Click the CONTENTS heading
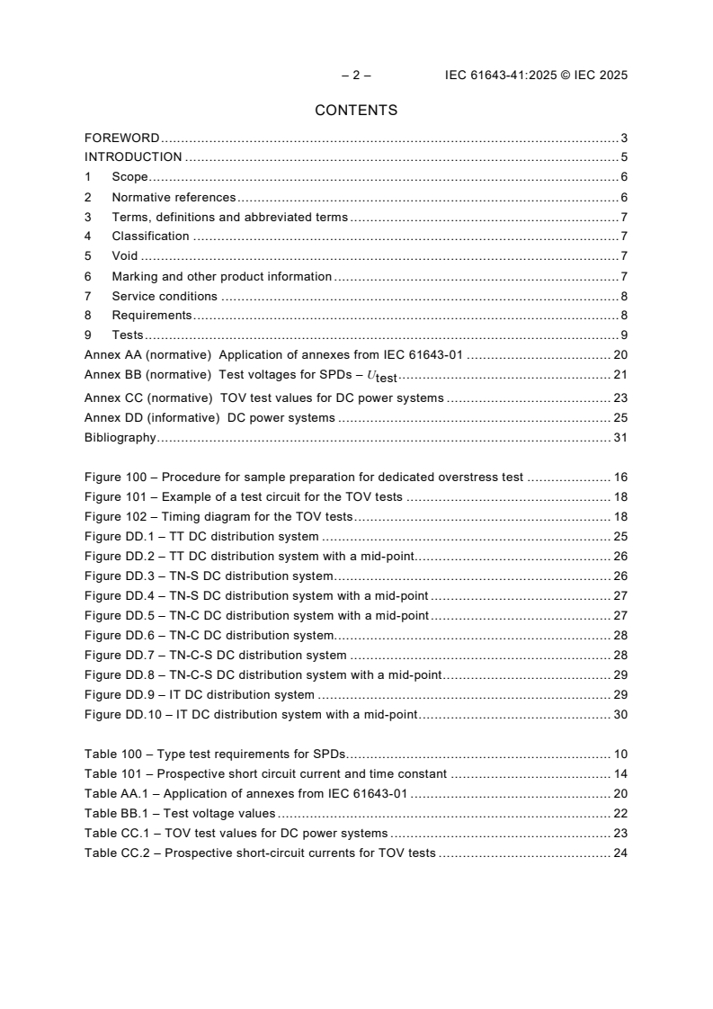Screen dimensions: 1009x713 (x=356, y=111)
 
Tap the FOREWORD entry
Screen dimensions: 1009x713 (x=121, y=138)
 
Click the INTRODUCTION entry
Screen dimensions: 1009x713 (x=133, y=157)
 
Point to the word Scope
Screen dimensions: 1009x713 (x=129, y=177)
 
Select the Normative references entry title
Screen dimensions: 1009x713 (x=174, y=197)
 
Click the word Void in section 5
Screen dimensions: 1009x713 (x=125, y=256)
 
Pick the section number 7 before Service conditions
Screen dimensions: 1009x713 (x=87, y=296)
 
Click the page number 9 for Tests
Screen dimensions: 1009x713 (x=624, y=335)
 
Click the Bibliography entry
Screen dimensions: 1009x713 (x=120, y=438)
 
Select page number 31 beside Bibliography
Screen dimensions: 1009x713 (x=620, y=438)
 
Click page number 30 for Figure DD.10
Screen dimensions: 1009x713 (x=620, y=715)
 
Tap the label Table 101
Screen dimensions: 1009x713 (x=113, y=773)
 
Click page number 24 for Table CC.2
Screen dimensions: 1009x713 (x=620, y=853)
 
